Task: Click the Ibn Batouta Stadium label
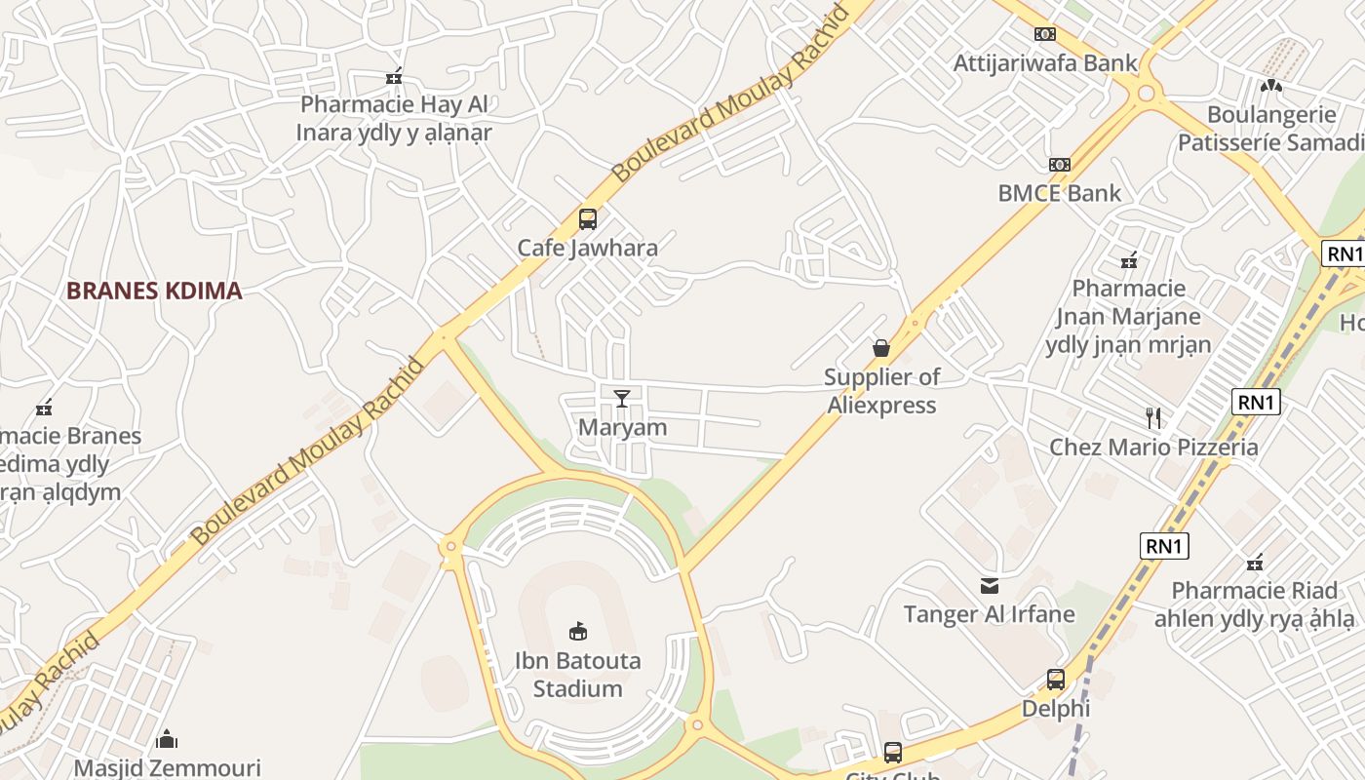[577, 675]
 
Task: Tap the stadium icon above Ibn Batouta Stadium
[578, 632]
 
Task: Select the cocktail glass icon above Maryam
[621, 398]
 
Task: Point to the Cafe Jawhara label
[587, 248]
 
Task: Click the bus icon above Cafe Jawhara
[587, 218]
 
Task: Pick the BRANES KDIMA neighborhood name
[154, 291]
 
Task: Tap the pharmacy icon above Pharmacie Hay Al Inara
[394, 76]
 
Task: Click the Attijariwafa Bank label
[1045, 63]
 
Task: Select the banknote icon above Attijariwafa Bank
[1045, 34]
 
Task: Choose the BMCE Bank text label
[1060, 193]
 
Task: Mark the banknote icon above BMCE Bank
[1060, 164]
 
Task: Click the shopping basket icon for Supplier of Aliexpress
[881, 348]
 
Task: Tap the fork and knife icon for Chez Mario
[1153, 418]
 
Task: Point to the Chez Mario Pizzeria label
[1153, 448]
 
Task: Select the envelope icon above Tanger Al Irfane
[990, 585]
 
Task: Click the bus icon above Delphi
[1056, 679]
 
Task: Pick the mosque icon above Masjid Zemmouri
[167, 739]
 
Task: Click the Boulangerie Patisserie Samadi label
[1271, 129]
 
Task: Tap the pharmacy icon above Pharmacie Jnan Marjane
[1129, 260]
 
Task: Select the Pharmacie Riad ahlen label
[1254, 604]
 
